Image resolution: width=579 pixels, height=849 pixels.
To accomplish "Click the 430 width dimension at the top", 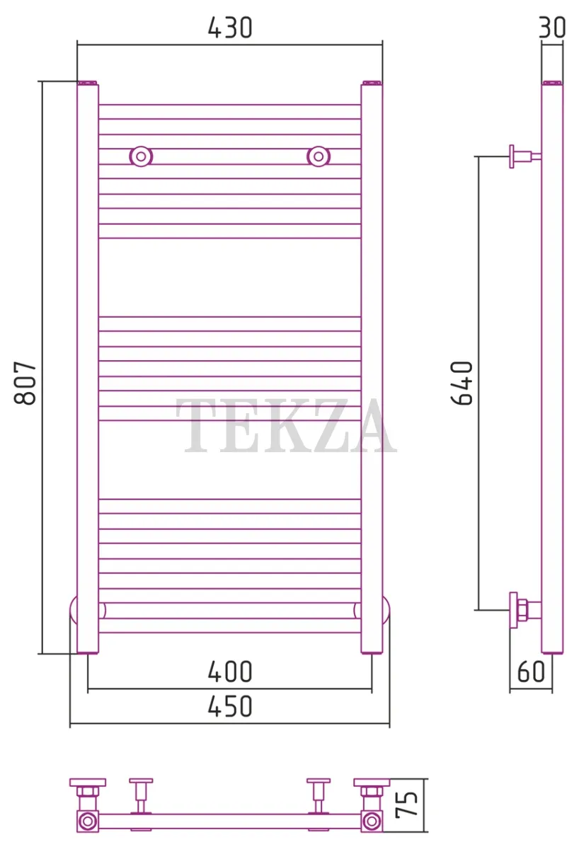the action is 230,28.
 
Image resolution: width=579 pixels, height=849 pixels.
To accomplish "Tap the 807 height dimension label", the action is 25,383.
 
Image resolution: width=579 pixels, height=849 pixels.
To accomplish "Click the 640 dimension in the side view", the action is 462,383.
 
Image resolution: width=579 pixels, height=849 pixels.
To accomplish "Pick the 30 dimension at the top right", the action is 552,28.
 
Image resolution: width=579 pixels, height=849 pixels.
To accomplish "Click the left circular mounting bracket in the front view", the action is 141,156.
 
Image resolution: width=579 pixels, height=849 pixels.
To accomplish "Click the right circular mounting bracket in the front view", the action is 319,156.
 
